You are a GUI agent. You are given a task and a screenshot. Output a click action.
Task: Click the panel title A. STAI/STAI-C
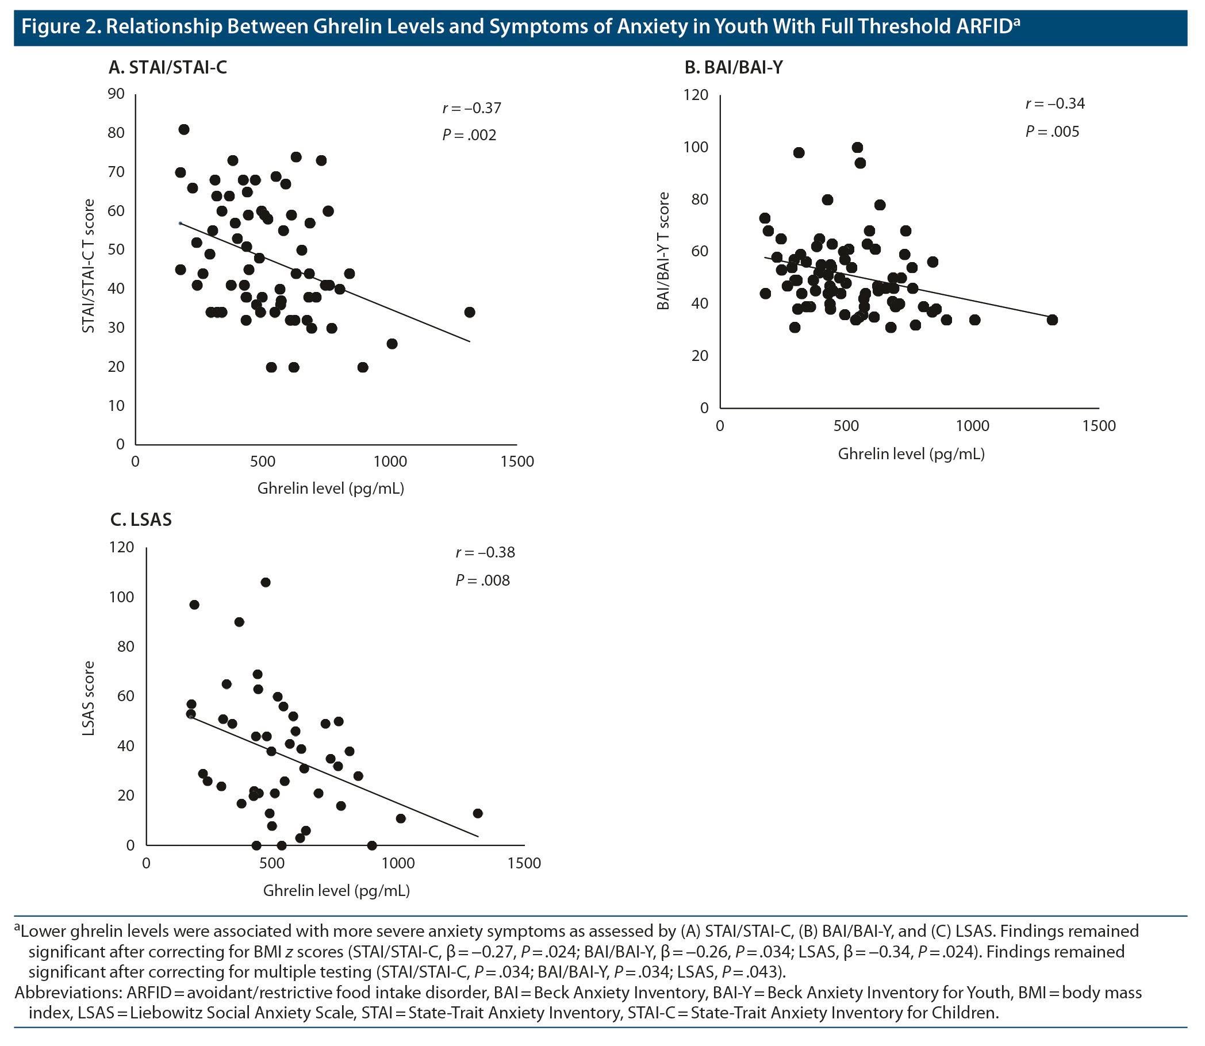(x=167, y=68)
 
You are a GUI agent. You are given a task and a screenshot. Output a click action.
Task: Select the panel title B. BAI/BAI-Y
(x=733, y=68)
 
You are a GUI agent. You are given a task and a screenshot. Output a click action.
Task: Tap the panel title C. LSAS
(x=141, y=520)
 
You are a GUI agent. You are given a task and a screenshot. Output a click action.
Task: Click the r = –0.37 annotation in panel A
(x=472, y=108)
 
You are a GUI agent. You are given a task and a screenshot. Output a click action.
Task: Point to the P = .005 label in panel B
(x=1052, y=132)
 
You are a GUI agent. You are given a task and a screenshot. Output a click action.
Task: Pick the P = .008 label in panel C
(x=482, y=580)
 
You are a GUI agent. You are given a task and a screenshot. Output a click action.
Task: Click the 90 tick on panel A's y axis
(x=116, y=94)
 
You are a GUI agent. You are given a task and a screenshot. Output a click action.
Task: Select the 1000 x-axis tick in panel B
(x=973, y=426)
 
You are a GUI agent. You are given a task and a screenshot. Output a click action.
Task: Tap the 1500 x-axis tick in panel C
(x=524, y=863)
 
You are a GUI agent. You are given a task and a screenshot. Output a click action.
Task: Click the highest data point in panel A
(x=184, y=129)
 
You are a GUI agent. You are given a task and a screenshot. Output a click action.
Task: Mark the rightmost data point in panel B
(x=1052, y=320)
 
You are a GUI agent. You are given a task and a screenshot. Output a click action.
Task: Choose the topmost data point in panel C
(x=265, y=583)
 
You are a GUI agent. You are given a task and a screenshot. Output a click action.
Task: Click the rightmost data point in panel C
(x=478, y=813)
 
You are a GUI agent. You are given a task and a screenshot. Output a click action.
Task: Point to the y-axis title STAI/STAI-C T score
(x=88, y=266)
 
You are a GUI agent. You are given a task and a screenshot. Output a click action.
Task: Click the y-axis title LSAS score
(x=88, y=698)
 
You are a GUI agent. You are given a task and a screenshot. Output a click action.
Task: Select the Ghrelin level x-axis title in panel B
(x=911, y=454)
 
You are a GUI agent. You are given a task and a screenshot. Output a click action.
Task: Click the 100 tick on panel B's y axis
(x=696, y=147)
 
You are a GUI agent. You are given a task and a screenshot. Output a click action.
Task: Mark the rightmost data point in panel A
(x=469, y=312)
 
